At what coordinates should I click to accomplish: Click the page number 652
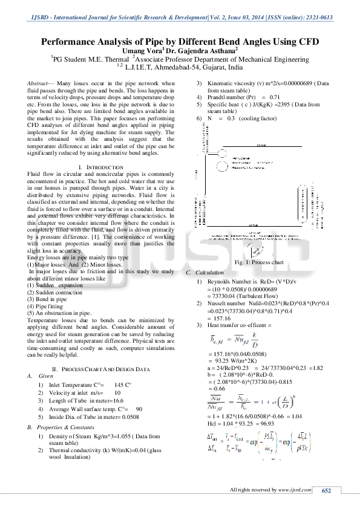[326, 491]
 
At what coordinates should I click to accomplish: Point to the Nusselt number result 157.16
[222, 318]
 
